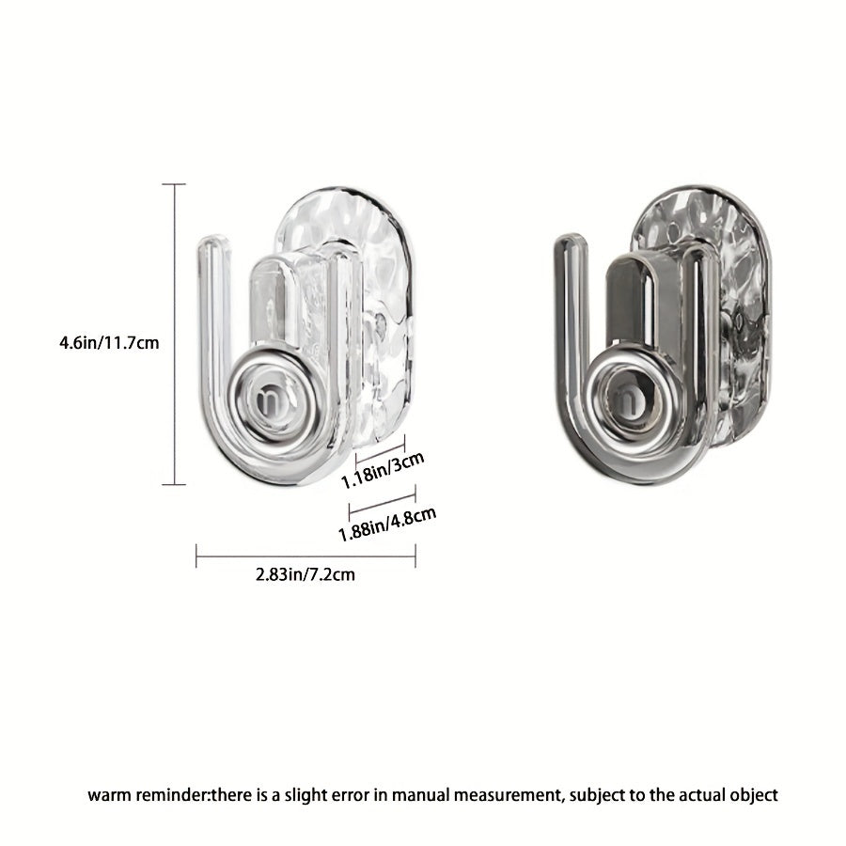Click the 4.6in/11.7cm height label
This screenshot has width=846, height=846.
point(109,342)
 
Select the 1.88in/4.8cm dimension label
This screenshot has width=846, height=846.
point(387,524)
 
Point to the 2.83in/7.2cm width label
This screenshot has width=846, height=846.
point(305,574)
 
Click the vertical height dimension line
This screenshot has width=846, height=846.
point(174,334)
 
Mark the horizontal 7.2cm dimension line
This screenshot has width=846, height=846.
point(305,556)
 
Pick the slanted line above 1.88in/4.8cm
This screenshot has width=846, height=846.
point(382,502)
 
